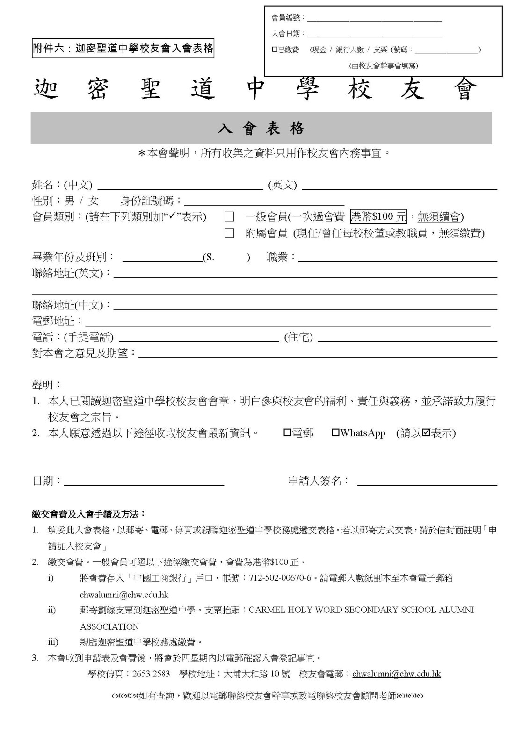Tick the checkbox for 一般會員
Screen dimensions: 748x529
tap(229, 217)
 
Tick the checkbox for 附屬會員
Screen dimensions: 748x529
tap(229, 233)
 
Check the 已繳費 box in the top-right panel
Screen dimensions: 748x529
tap(275, 50)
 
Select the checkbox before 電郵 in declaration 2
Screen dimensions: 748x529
tap(287, 433)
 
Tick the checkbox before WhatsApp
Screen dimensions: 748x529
tap(335, 433)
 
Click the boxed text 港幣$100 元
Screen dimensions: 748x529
tap(378, 216)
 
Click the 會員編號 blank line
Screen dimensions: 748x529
tap(374, 21)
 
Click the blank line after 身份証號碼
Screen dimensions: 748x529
tap(264, 204)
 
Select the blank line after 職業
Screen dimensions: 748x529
tap(398, 260)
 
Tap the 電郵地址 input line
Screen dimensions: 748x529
tap(288, 324)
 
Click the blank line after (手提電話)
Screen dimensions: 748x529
tap(199, 340)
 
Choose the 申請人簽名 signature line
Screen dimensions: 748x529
tap(427, 484)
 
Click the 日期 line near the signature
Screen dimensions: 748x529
tap(144, 484)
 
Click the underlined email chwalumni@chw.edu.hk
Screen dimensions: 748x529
tap(396, 674)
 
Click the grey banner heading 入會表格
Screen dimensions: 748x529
tap(261, 128)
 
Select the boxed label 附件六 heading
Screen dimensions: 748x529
tap(123, 48)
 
